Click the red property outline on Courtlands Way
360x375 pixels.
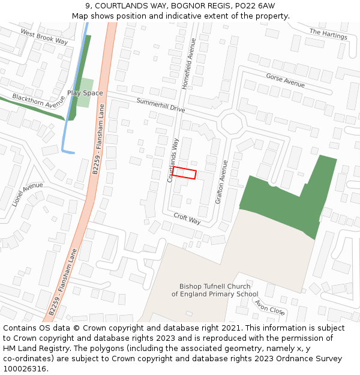[x=184, y=173]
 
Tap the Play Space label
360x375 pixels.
[x=85, y=93]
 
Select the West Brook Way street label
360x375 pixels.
[x=44, y=36]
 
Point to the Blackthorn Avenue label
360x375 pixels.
[x=38, y=100]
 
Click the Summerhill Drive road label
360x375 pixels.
[x=160, y=105]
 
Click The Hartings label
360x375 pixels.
[x=328, y=34]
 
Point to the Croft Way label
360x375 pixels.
[x=187, y=218]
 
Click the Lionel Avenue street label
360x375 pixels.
[x=28, y=194]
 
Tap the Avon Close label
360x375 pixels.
[x=269, y=307]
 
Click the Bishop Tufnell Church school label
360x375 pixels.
[x=215, y=290]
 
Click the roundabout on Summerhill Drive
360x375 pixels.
[x=231, y=125]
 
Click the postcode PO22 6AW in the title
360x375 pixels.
[x=254, y=5]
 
